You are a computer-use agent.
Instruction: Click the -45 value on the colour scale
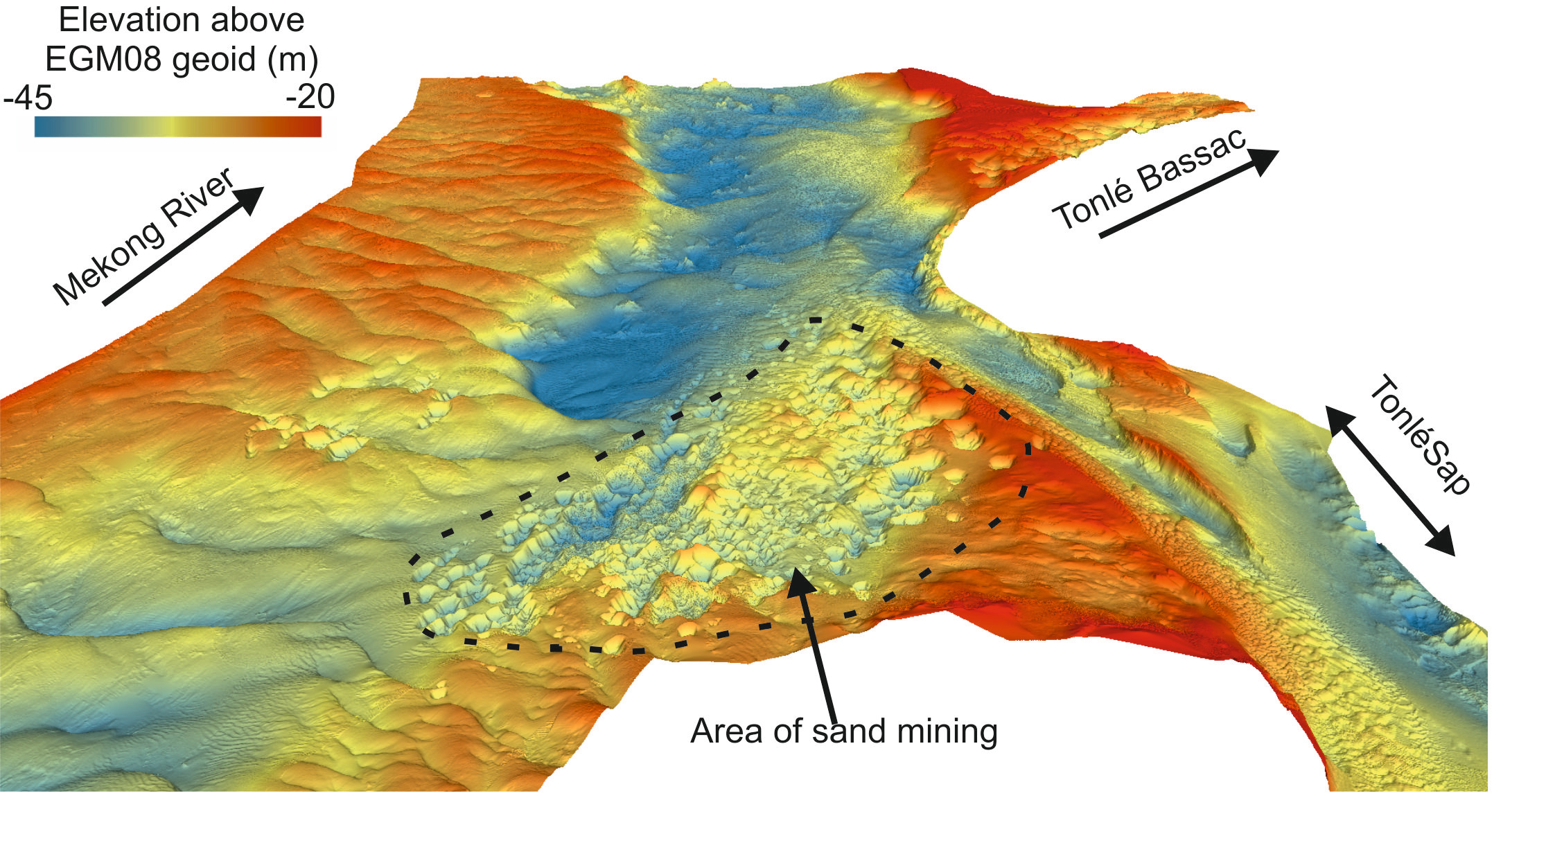click(x=28, y=98)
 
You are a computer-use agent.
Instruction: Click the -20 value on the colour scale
click(x=310, y=97)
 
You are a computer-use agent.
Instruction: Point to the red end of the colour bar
click(x=312, y=126)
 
